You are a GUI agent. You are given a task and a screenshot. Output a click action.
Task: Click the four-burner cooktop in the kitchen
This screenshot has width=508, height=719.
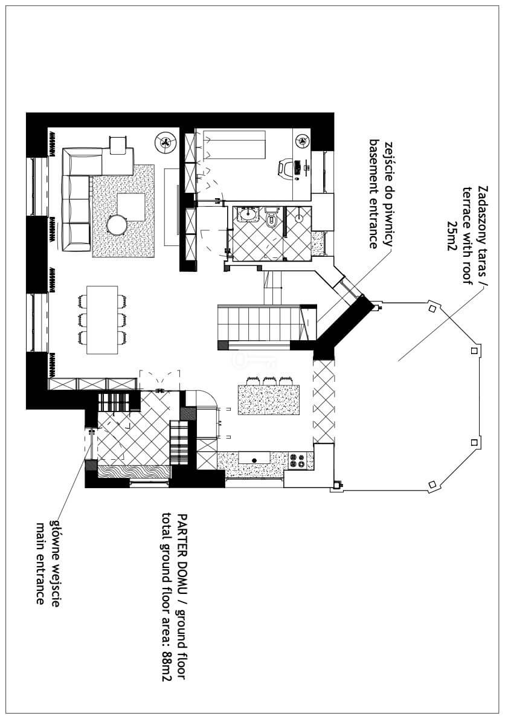click(297, 461)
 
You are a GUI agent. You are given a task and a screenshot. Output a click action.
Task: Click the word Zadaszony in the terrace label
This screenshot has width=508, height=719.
click(483, 212)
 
